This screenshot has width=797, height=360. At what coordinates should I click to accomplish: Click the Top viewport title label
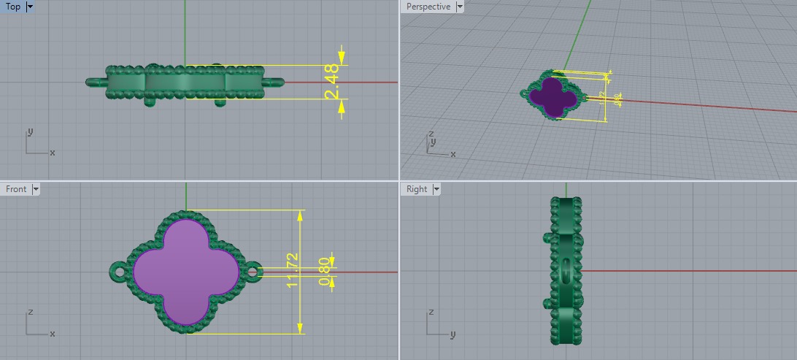pos(12,7)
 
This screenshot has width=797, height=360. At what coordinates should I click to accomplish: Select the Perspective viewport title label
pos(428,7)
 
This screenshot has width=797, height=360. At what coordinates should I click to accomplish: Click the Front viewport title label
pos(16,189)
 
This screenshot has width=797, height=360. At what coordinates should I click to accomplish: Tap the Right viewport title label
pos(417,189)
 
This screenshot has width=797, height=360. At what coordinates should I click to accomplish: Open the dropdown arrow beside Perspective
pos(460,7)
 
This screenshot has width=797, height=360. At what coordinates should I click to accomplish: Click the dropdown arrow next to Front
pos(36,189)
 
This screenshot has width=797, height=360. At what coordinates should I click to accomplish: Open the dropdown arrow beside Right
pos(436,189)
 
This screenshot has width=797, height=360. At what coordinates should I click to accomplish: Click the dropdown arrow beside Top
pos(30,7)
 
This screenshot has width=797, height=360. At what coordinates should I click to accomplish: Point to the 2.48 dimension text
pos(332,83)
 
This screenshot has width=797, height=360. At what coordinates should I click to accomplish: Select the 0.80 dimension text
pos(324,271)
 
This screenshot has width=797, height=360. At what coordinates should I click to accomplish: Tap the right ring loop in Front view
pos(253,272)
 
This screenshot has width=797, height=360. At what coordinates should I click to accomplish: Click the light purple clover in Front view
pos(186,272)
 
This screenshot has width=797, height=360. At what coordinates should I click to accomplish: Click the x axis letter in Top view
pos(53,153)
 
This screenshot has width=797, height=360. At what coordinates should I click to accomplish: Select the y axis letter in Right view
pos(453,335)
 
